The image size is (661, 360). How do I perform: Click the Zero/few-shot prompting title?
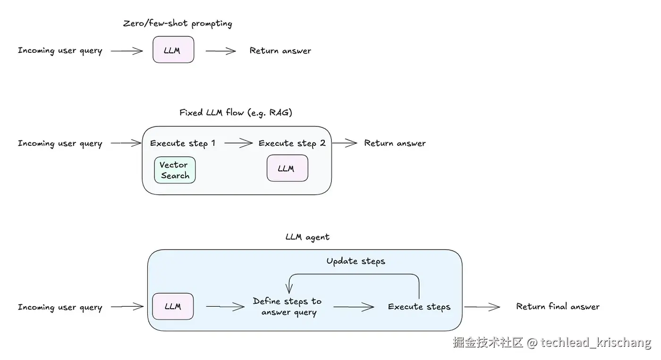coord(178,23)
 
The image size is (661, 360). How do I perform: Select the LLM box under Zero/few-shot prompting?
coord(173,50)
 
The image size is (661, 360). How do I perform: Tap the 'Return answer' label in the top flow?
coord(280,50)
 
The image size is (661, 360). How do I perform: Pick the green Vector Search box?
coord(175,170)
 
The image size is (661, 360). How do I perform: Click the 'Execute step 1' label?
coord(183,143)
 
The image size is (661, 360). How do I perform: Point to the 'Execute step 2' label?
coord(292,143)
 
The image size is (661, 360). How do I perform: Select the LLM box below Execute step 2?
coord(287,168)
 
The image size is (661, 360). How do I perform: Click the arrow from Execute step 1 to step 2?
coord(238,143)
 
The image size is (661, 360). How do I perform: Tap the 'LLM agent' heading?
coord(307,237)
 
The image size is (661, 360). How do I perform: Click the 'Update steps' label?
coord(356,261)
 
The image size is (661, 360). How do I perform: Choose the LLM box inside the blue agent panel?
coord(173,306)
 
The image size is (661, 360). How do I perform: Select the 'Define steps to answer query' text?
coord(287,307)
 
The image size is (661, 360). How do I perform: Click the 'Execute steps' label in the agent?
coord(419,307)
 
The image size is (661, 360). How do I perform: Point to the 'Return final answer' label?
coord(558,307)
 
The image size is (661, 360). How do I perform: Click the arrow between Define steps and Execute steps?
coord(354,307)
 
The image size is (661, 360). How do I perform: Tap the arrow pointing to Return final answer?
coord(482,307)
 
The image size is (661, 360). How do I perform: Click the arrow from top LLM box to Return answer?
coord(220,50)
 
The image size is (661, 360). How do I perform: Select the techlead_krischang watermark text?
coord(596,342)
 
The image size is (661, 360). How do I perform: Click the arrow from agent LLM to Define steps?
coord(225,307)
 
